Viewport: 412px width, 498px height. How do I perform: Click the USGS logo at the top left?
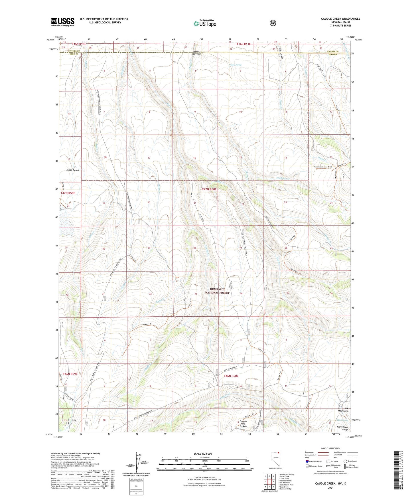[63, 22]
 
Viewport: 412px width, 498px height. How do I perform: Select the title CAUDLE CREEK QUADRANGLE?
[340, 19]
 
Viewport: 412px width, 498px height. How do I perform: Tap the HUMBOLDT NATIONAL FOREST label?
[218, 291]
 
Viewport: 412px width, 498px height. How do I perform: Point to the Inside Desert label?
[73, 170]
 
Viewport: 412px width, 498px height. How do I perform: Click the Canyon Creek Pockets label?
[243, 424]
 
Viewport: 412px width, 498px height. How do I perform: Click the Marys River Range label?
[345, 428]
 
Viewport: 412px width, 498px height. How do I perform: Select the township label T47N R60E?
[209, 189]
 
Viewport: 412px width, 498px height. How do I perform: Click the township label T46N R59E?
[70, 374]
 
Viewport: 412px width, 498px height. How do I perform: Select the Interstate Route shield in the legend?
[307, 461]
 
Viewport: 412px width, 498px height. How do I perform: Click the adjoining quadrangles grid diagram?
[269, 482]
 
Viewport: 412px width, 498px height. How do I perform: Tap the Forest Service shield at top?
[273, 23]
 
